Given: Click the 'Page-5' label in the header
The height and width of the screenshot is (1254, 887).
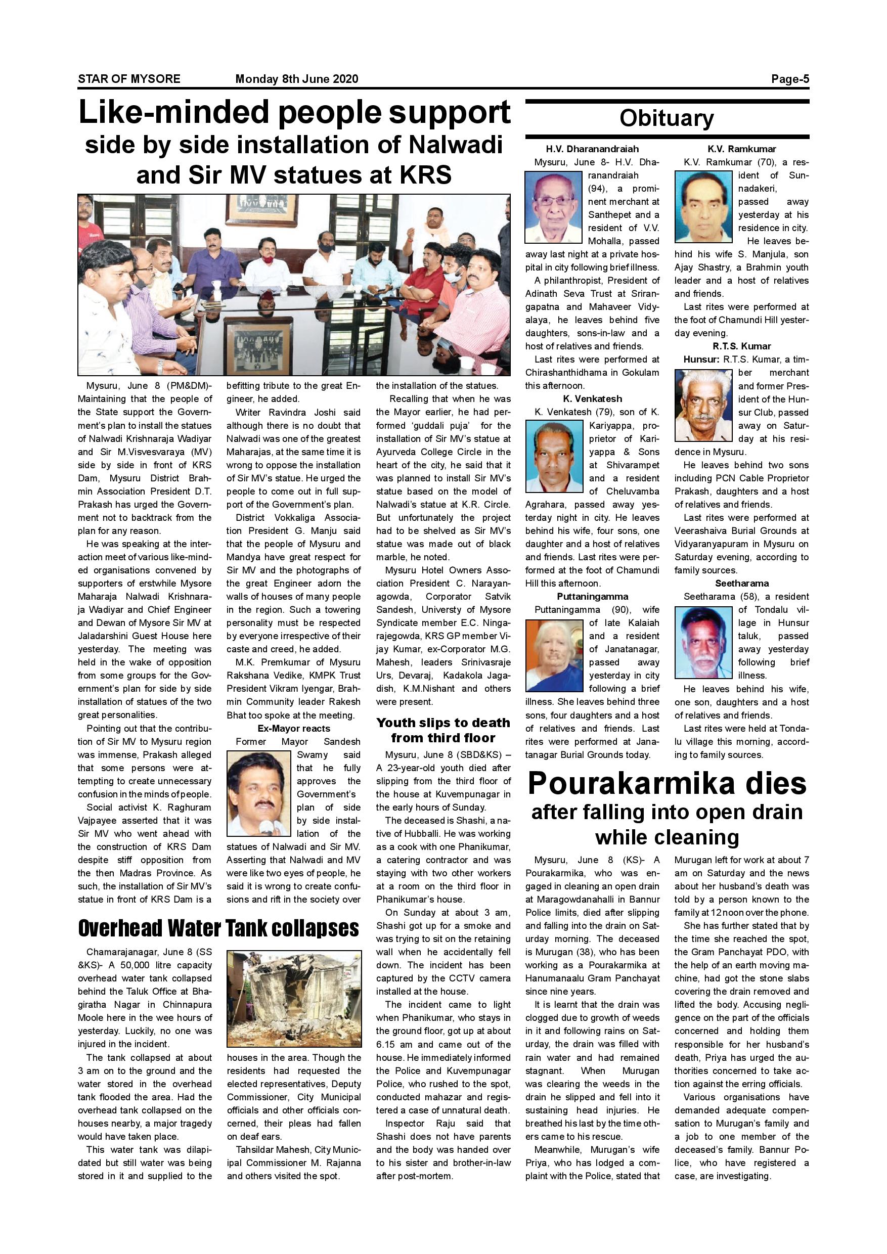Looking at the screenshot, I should pyautogui.click(x=789, y=79).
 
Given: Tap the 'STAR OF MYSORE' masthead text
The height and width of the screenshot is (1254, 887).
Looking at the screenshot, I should pyautogui.click(x=129, y=79).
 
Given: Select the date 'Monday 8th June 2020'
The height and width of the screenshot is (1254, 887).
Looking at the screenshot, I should pyautogui.click(x=296, y=79).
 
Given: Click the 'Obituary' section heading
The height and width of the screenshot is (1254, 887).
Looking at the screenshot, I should pyautogui.click(x=667, y=118).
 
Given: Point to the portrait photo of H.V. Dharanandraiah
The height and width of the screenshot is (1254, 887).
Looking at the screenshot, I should pyautogui.click(x=553, y=207).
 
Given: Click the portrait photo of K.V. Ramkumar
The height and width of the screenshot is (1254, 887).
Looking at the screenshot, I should pyautogui.click(x=703, y=207).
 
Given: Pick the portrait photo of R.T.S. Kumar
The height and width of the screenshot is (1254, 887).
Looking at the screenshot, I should pyautogui.click(x=703, y=405).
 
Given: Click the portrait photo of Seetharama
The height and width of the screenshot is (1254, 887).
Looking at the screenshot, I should pyautogui.click(x=703, y=642).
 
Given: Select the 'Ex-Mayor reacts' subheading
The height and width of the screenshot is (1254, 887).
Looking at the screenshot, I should pyautogui.click(x=294, y=728).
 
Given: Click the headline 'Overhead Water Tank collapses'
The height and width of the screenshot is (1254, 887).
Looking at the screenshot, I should pyautogui.click(x=218, y=928).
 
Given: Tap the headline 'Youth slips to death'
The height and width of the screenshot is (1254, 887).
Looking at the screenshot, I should pyautogui.click(x=443, y=723).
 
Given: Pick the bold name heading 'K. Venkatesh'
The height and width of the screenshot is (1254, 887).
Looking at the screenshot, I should pyautogui.click(x=592, y=399).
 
